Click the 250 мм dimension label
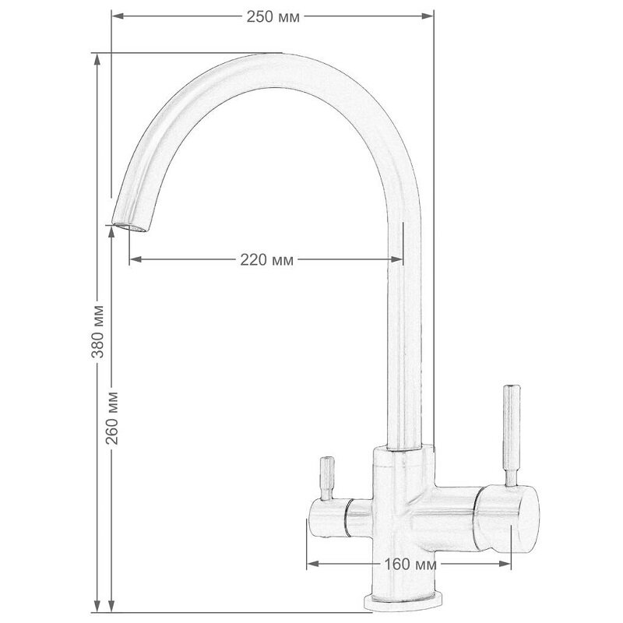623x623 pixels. [273, 17]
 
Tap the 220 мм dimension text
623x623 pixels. [267, 260]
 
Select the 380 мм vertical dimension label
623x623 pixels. [98, 332]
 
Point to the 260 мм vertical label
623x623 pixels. [112, 418]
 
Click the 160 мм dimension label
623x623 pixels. [410, 564]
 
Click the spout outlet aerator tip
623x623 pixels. [129, 227]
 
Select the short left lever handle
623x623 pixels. [327, 478]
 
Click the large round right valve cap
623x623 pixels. [509, 519]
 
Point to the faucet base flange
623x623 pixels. [403, 602]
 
